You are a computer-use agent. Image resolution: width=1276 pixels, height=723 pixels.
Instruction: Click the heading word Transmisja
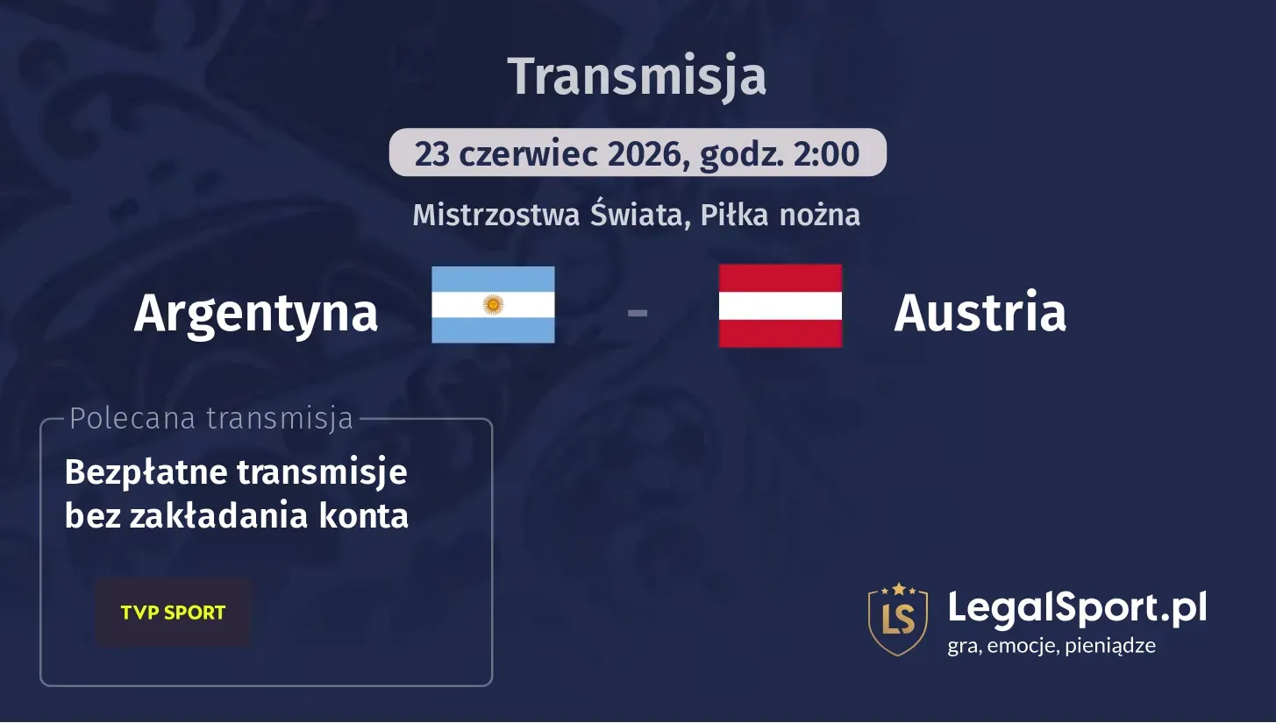coord(637,77)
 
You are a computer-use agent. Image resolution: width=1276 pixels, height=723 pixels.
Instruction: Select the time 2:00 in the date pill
coord(827,154)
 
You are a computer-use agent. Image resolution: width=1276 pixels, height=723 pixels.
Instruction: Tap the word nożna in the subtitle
coord(822,215)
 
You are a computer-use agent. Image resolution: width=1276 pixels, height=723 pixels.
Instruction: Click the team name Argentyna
coord(255,312)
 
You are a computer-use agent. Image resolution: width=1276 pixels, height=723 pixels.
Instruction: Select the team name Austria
coord(980,312)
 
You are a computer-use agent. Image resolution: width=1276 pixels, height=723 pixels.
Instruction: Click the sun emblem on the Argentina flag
coord(493,305)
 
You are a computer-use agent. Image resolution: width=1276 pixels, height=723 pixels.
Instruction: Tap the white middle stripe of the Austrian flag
coord(780,306)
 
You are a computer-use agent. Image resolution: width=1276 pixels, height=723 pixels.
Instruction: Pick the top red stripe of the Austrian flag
coord(780,278)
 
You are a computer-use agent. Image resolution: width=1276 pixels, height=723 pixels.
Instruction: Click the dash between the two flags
coord(638,311)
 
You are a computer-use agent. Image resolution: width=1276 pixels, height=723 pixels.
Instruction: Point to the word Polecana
coord(132,419)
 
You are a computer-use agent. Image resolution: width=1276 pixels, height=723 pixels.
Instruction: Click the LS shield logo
coord(897,619)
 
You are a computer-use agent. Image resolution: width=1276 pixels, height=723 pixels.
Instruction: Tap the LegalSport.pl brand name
coord(1077,606)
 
